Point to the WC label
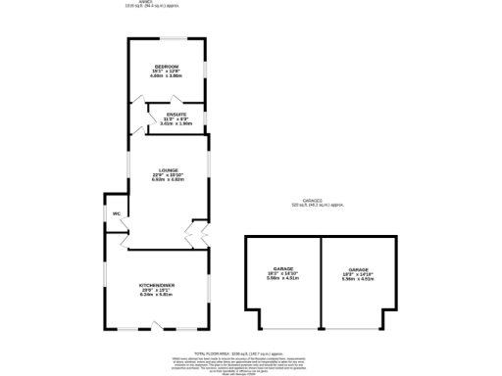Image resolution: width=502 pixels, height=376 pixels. click(116, 212)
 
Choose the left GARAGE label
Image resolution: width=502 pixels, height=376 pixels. click(283, 268)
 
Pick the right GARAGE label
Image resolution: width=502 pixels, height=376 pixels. click(356, 268)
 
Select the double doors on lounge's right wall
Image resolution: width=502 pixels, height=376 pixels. click(194, 232)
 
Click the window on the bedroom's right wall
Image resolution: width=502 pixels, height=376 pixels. click(206, 73)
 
